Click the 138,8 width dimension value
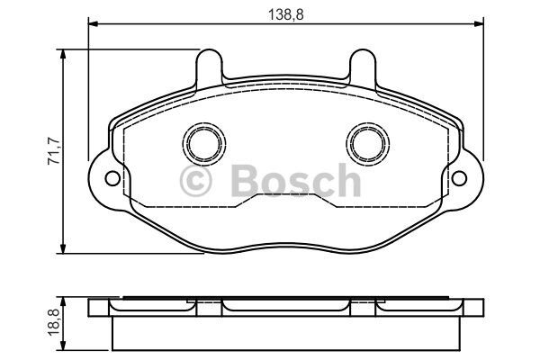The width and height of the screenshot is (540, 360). click(x=286, y=14)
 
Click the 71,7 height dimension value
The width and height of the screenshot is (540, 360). click(x=54, y=150)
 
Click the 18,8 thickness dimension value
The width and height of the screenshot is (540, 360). click(x=54, y=322)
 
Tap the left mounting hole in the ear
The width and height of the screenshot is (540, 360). click(x=112, y=178)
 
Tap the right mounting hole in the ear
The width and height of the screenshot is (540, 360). click(x=459, y=178)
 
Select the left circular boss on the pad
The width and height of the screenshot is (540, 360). click(x=204, y=144)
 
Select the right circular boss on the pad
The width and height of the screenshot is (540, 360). click(x=368, y=144)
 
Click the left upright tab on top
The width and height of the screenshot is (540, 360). click(x=209, y=67)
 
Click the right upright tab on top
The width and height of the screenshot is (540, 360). click(x=363, y=67)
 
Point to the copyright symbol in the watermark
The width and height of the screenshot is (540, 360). click(x=195, y=181)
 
